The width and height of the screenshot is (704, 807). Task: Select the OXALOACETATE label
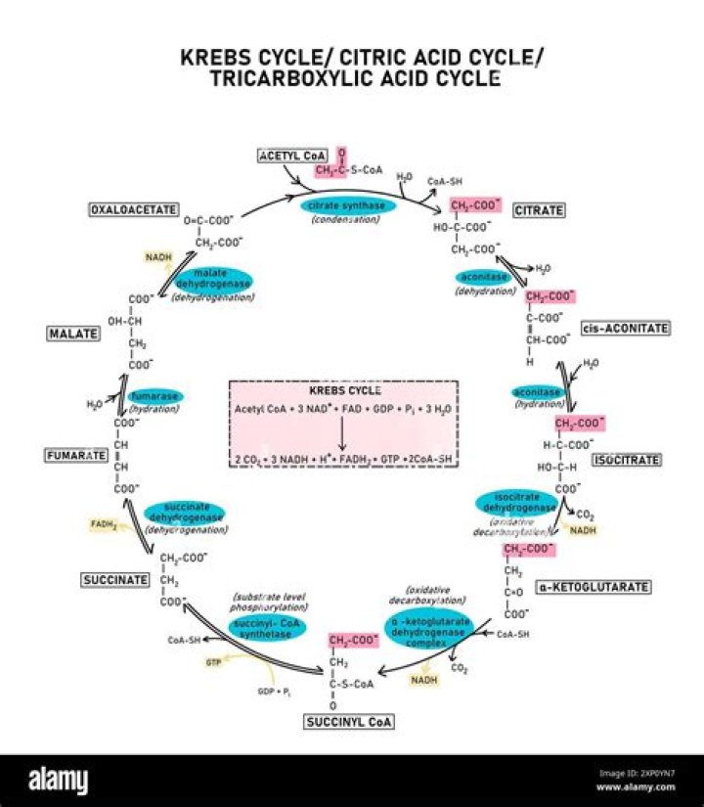pos(133,209)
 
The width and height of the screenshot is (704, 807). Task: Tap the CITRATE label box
pos(539,209)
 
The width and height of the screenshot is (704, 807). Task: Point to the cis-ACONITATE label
pos(625,328)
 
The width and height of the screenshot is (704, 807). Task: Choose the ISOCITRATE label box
pos(626,460)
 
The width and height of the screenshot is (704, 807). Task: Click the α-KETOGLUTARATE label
pos(606,587)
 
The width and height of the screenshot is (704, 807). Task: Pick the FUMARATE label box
pos(75,455)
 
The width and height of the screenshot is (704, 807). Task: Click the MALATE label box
pos(73,334)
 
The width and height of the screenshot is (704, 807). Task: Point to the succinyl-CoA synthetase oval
pos(268,626)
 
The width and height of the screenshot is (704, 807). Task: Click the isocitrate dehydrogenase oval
pos(517,502)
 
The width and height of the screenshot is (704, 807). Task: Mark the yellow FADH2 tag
pos(105,524)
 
